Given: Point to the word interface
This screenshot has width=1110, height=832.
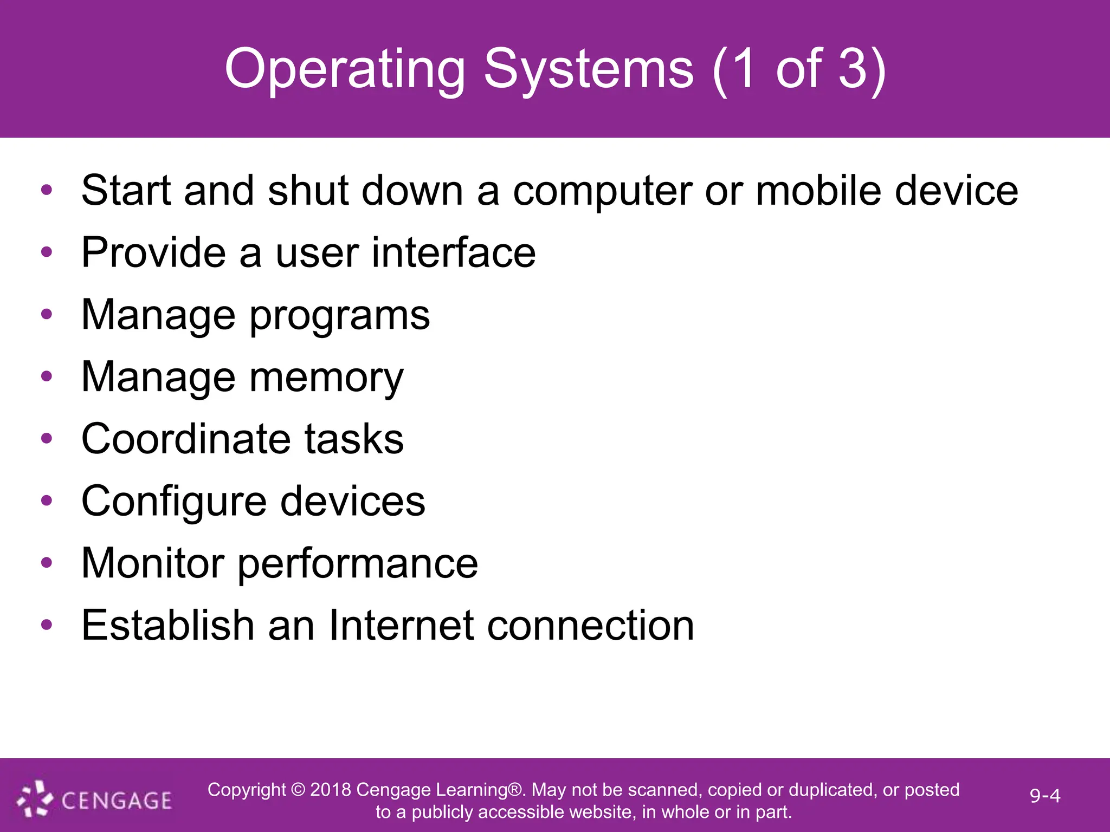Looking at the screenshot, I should [x=454, y=252].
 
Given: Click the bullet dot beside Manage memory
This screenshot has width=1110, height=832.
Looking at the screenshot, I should [x=47, y=376].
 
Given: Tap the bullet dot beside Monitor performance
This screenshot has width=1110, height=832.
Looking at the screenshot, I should [x=47, y=562].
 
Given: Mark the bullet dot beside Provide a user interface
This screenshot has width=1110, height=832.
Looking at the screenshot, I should [x=47, y=251].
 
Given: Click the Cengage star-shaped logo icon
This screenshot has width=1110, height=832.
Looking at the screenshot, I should [x=35, y=798].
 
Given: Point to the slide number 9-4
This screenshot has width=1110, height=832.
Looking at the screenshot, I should [x=1045, y=796].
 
